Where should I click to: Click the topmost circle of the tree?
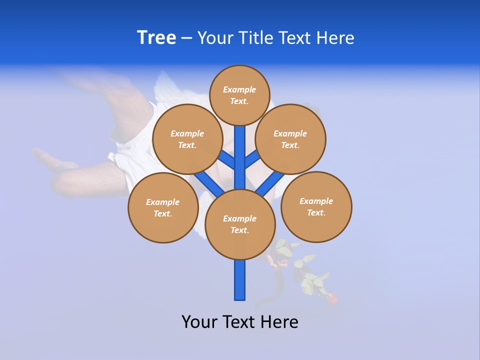click(x=239, y=95)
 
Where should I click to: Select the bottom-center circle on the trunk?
click(x=240, y=224)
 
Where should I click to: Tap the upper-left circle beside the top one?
click(x=187, y=139)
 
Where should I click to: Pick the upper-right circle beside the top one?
click(x=290, y=139)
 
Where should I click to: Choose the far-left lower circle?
click(x=163, y=207)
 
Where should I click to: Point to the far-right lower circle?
click(x=316, y=206)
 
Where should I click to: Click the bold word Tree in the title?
click(x=156, y=37)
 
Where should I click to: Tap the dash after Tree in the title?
click(x=186, y=38)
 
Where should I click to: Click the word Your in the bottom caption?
click(x=199, y=321)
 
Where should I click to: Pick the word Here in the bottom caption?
click(x=281, y=321)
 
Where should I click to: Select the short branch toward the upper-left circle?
click(x=226, y=159)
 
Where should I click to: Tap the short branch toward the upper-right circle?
click(x=252, y=159)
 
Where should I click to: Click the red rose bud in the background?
click(x=331, y=299)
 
